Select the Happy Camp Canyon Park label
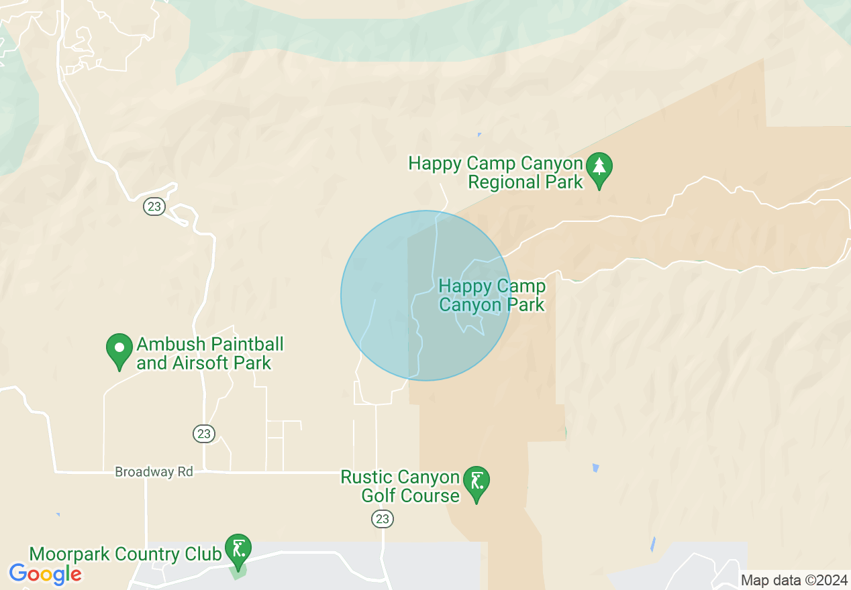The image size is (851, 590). (x=492, y=296)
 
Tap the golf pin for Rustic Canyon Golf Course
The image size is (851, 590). (x=476, y=483)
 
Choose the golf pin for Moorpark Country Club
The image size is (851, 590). (x=238, y=550)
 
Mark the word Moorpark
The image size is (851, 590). (x=70, y=554)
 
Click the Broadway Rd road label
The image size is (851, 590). (x=154, y=472)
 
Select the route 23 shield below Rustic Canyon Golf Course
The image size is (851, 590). (x=383, y=518)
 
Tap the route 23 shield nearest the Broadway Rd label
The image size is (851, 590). (x=204, y=434)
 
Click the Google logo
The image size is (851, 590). (x=45, y=574)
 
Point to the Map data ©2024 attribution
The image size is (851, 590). (x=794, y=580)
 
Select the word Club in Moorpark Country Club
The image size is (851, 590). (x=204, y=554)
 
